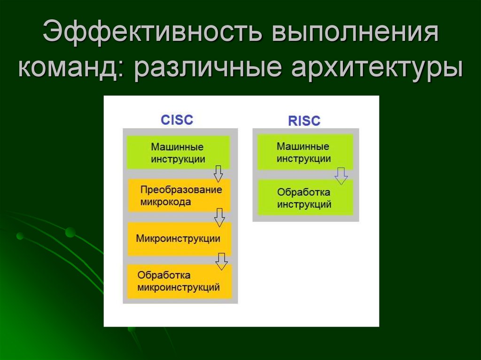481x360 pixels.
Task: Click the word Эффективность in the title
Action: [x=153, y=31]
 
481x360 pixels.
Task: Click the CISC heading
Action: [x=177, y=120]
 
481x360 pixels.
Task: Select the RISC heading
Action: [x=304, y=121]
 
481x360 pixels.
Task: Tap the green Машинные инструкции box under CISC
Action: [x=178, y=152]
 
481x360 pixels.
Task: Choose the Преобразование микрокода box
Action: [x=179, y=195]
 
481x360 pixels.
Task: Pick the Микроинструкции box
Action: [x=179, y=239]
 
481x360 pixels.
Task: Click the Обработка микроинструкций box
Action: [x=179, y=282]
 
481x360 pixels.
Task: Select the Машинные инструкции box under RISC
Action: [x=305, y=152]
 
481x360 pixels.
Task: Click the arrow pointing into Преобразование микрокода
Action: [x=218, y=174]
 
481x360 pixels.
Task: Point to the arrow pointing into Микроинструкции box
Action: [x=219, y=217]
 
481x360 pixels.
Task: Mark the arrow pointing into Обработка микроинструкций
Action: [x=221, y=261]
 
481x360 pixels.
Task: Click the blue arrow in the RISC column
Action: [x=341, y=176]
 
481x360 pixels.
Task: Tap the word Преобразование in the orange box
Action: [x=181, y=190]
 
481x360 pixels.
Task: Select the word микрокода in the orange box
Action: [x=166, y=202]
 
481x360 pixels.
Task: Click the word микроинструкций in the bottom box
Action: [x=178, y=287]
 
